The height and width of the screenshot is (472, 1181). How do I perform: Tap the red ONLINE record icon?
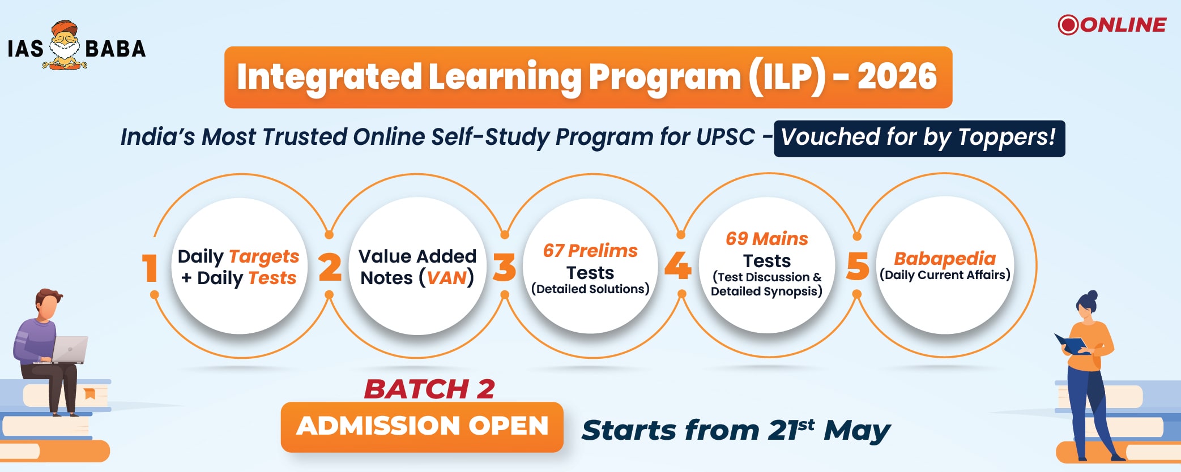1068,25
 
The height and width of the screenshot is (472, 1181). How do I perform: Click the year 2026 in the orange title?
897,76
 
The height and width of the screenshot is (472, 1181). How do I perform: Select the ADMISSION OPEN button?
422,427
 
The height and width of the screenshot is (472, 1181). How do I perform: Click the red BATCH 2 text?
429,389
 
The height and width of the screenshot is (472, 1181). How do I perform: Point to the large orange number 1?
150,267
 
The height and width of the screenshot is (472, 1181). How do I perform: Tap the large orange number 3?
504,267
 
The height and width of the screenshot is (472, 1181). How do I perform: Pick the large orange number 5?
858,266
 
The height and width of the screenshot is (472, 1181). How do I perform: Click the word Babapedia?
945,259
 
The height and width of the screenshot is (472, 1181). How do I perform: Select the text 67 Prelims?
590,251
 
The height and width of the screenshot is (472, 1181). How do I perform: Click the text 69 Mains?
767,239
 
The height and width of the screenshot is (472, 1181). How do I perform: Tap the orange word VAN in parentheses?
446,278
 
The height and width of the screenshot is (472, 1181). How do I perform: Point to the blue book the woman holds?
1070,344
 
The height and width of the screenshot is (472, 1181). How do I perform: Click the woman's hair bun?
1093,295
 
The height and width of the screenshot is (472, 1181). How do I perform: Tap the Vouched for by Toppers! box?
919,138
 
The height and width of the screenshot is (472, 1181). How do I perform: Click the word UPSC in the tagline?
726,137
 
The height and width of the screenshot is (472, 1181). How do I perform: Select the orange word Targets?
263,257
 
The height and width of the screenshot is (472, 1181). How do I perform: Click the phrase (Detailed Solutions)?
590,289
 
